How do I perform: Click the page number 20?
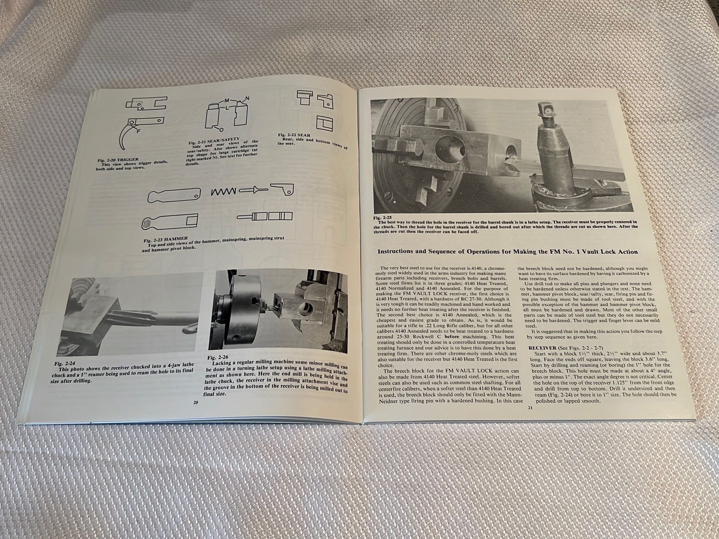point(196,402)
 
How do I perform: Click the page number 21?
point(530,407)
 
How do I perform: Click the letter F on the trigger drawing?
point(138,131)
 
